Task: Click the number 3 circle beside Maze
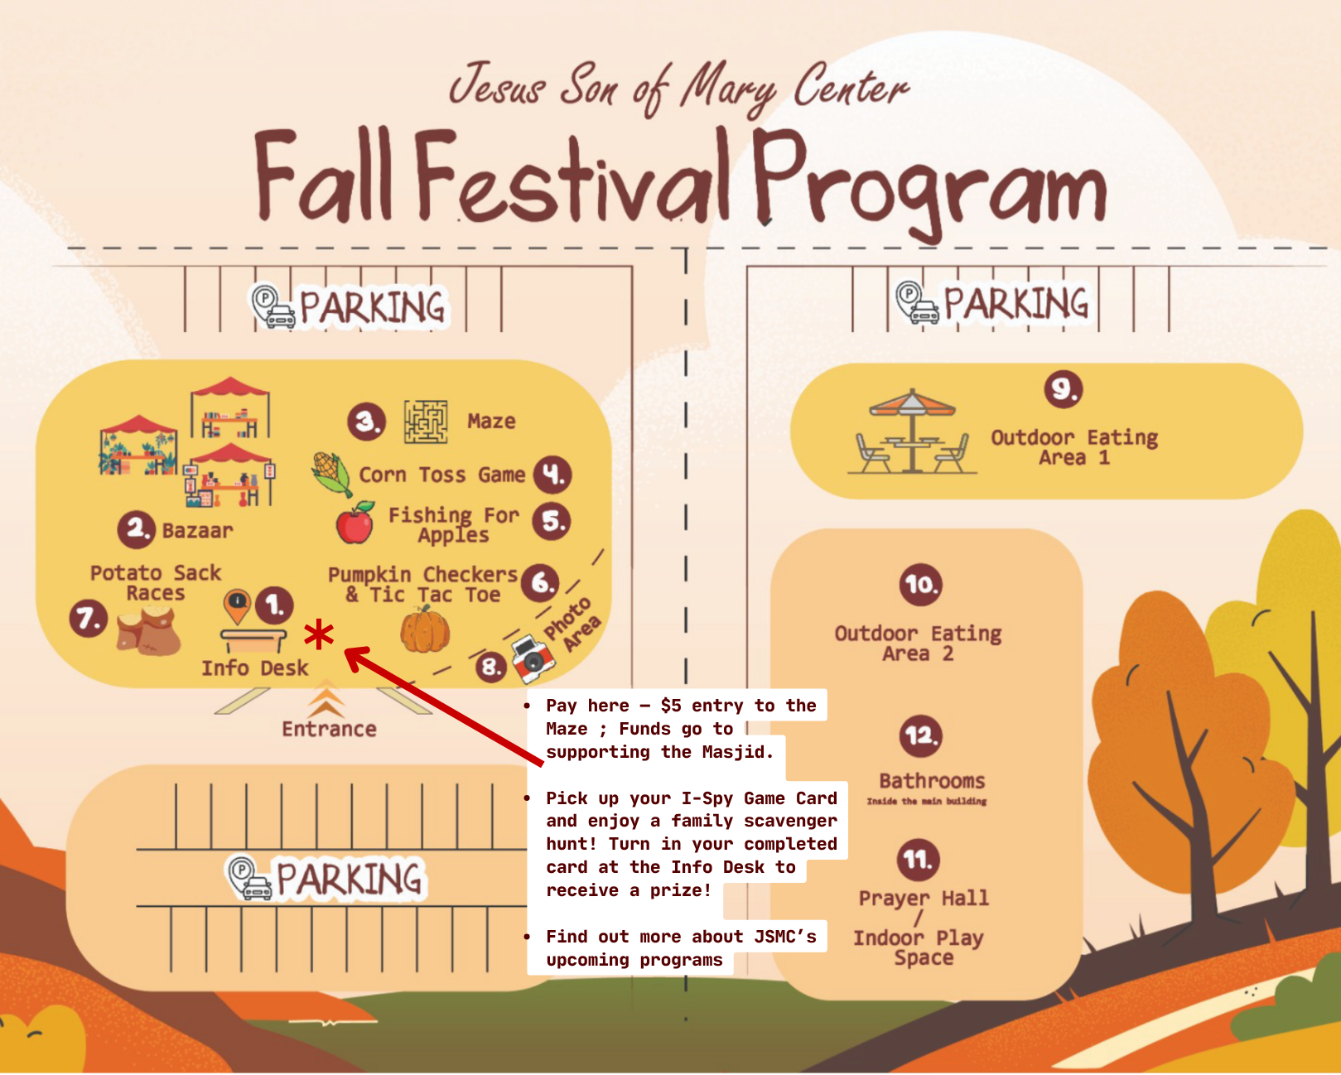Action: (366, 422)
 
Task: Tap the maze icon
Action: (426, 421)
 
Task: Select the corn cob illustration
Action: (332, 473)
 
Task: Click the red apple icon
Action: (355, 523)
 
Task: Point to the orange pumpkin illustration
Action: (425, 630)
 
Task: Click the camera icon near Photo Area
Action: (531, 658)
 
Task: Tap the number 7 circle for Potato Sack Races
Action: (89, 619)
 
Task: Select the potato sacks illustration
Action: (148, 631)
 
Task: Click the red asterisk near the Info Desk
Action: (319, 635)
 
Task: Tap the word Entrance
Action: (329, 729)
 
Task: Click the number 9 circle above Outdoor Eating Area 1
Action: (1064, 388)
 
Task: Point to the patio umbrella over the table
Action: (912, 403)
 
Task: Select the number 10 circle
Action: (920, 585)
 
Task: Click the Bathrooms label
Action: (932, 781)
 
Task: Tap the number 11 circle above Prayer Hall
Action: (918, 860)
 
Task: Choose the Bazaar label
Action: (197, 530)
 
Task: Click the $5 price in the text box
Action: (671, 706)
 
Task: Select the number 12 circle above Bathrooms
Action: (920, 735)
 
